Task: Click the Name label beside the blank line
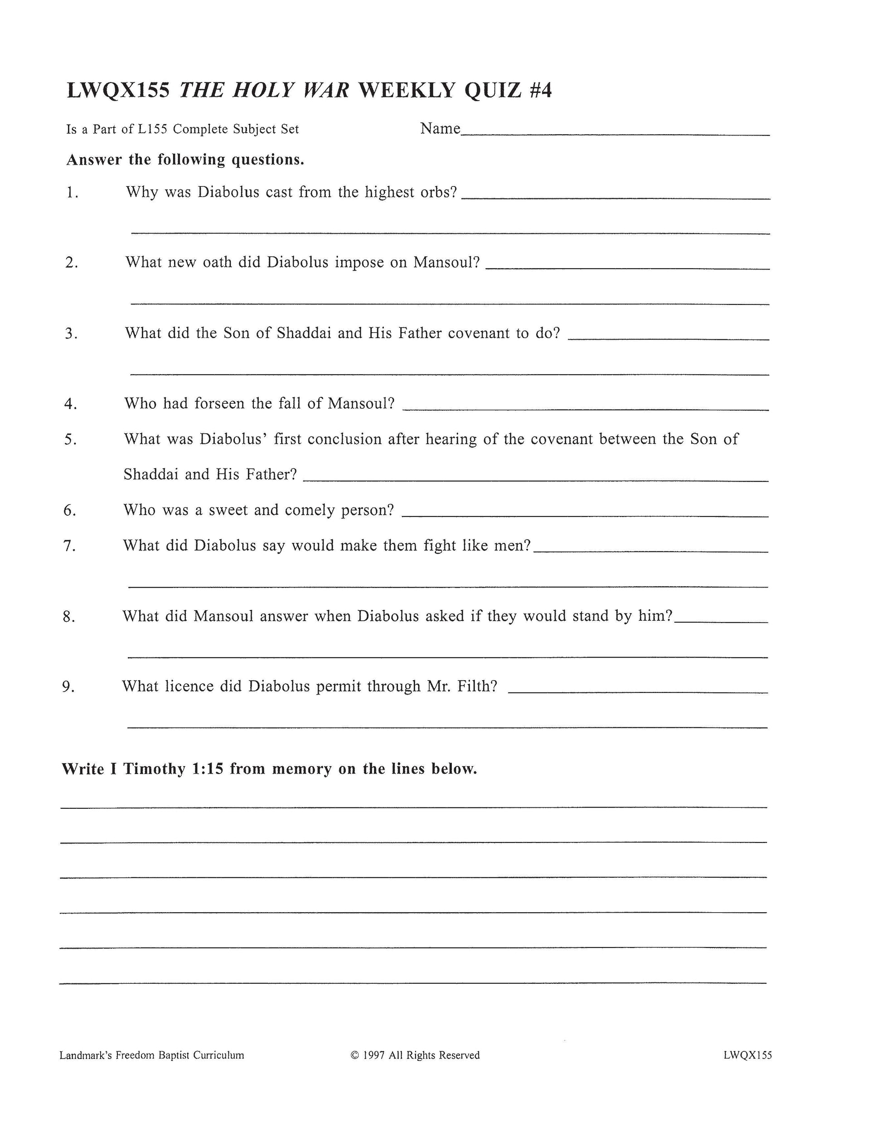pyautogui.click(x=440, y=129)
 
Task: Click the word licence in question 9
pyautogui.click(x=188, y=686)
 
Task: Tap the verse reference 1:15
pyautogui.click(x=208, y=769)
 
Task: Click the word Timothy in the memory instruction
pyautogui.click(x=154, y=769)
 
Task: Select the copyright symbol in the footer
pyautogui.click(x=354, y=1055)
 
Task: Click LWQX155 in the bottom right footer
pyautogui.click(x=747, y=1055)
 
